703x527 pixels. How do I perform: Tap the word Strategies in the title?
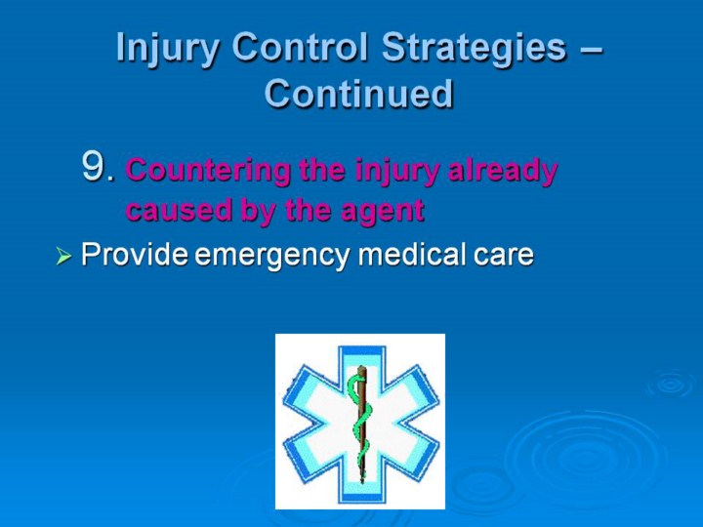pyautogui.click(x=474, y=49)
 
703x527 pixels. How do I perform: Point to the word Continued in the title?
pyautogui.click(x=358, y=94)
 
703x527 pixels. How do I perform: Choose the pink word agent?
pyautogui.click(x=383, y=211)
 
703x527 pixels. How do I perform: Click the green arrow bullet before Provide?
pyautogui.click(x=63, y=257)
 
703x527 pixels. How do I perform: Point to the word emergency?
pyautogui.click(x=272, y=256)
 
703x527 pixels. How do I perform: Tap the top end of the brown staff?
pyautogui.click(x=361, y=368)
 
